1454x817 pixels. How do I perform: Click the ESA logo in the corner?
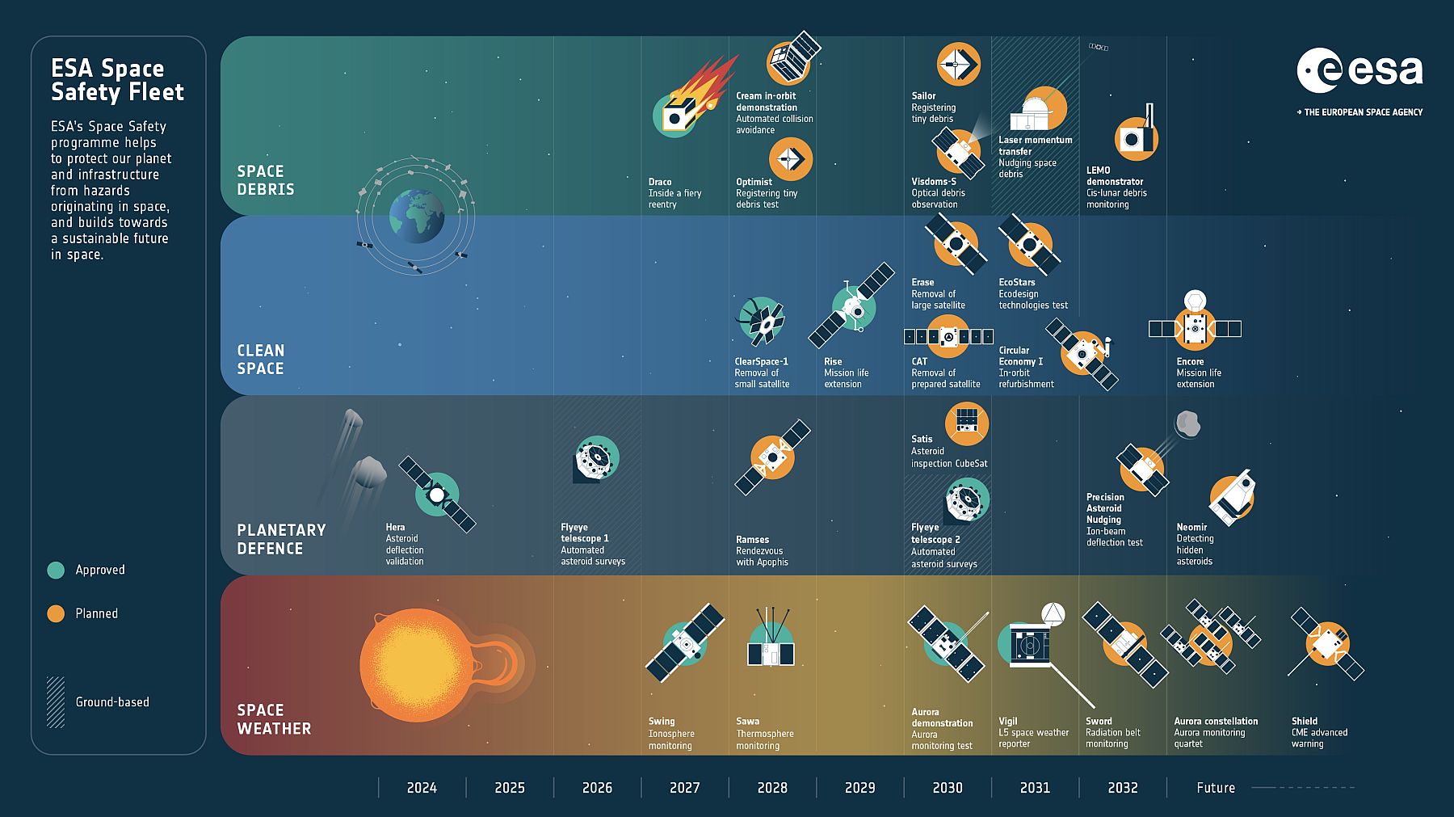[1359, 71]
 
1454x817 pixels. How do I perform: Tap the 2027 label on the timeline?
[684, 788]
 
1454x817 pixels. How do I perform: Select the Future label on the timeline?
[1216, 788]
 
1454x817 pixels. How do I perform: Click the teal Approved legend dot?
[56, 570]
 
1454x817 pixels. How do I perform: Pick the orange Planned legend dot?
[56, 613]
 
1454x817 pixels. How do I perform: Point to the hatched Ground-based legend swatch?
[56, 701]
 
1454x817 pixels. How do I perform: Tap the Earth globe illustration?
[417, 216]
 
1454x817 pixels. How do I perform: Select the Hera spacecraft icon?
[437, 493]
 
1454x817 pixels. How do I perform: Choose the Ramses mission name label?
[752, 540]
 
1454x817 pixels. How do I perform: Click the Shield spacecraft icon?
[1326, 644]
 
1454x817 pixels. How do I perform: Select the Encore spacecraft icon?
[1195, 324]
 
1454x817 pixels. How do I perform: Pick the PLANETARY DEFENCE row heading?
[281, 539]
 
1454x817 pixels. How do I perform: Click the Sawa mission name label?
[747, 722]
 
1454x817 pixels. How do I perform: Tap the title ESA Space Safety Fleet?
[117, 80]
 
